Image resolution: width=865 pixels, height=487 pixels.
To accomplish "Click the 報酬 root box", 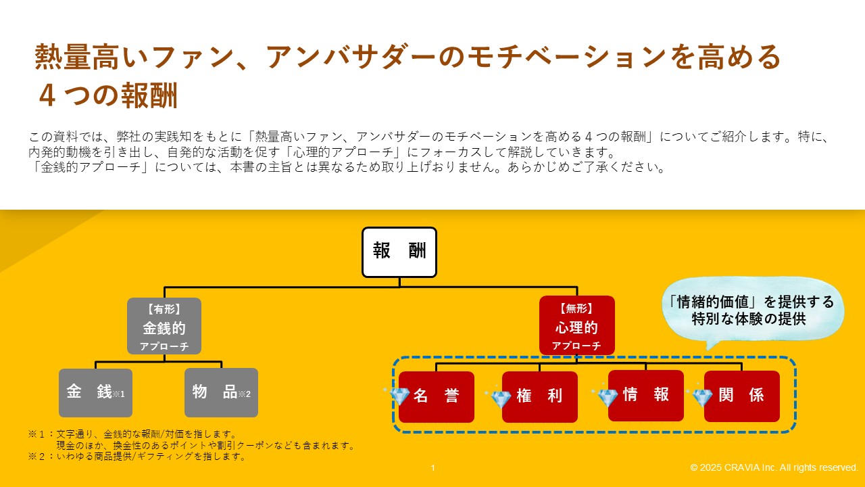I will click(x=399, y=252).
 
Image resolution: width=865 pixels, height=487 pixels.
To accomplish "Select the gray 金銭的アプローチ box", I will click(x=164, y=326).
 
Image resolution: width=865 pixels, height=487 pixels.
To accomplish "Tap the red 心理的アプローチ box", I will click(x=576, y=325).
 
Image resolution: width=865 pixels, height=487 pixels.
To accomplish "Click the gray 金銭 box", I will click(x=95, y=392).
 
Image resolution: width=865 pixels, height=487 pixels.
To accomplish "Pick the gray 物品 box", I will click(x=221, y=392).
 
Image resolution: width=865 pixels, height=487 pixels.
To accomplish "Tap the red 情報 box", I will click(x=647, y=395).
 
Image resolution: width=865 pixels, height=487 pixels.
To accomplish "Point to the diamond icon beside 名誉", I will click(x=399, y=396).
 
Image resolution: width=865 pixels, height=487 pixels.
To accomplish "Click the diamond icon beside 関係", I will click(x=702, y=397).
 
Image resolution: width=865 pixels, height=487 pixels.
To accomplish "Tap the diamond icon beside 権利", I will click(x=499, y=399).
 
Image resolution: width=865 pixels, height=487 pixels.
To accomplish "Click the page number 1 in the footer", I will click(x=432, y=468).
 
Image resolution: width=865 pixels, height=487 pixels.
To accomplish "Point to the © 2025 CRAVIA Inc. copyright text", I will click(x=774, y=468).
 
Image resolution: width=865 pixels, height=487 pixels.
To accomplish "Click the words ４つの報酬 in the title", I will click(x=108, y=96).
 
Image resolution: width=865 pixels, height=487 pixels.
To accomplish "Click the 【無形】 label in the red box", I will click(x=576, y=308).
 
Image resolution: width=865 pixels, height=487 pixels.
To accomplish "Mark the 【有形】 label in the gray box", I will click(x=164, y=309).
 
